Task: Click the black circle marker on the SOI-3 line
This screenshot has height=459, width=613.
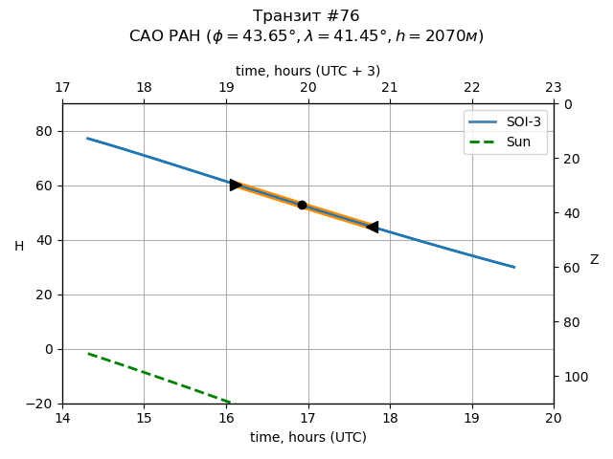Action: point(302,205)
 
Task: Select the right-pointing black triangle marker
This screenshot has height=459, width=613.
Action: point(236,185)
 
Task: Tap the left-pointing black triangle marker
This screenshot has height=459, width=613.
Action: point(372,227)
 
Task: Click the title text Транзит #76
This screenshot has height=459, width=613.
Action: point(306,16)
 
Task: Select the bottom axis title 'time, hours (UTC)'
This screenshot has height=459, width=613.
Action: point(307,437)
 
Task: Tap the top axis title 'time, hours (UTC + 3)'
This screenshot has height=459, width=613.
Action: point(307,71)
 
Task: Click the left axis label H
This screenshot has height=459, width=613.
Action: point(19,247)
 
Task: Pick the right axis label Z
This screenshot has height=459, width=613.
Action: point(594,260)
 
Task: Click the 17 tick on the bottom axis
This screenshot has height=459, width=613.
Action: point(307,418)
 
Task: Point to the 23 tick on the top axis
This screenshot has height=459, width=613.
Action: point(554,88)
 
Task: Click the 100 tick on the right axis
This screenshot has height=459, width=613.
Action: point(571,377)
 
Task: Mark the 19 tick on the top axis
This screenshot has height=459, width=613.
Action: point(226,88)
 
